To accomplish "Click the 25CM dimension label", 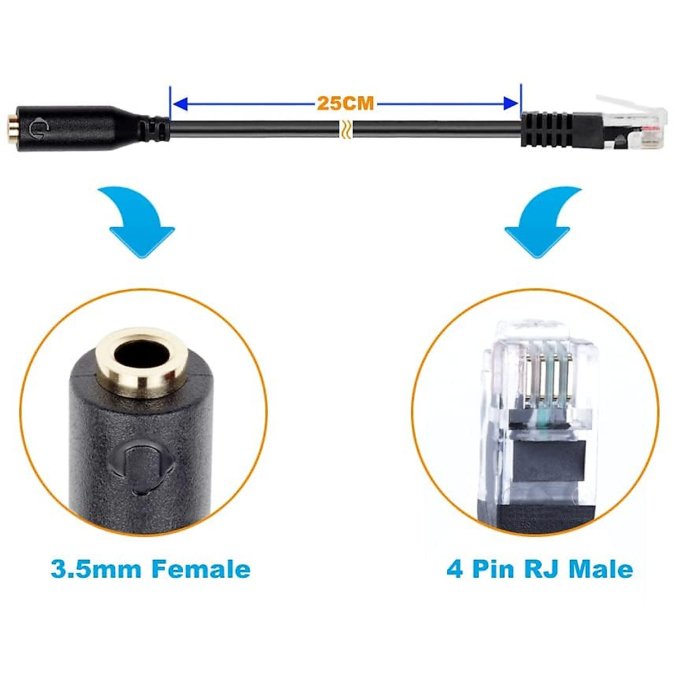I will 345,103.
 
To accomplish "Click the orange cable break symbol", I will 345,129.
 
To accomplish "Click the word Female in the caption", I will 201,569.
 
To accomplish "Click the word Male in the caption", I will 600,569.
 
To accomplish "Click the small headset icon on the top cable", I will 40,128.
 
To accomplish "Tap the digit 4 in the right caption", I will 454,569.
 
